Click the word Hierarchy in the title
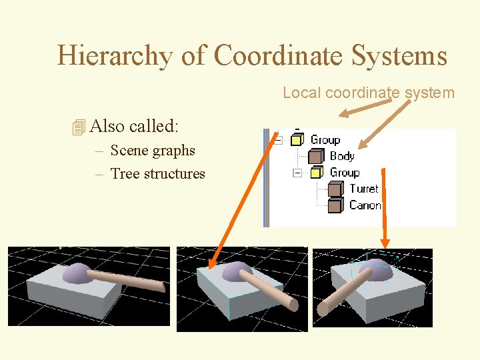point(115,55)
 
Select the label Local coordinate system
point(368,93)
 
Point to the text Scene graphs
point(153,151)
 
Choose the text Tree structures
point(157,174)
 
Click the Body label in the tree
point(342,156)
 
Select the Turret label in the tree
point(363,189)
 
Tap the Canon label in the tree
point(365,205)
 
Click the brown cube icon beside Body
point(316,157)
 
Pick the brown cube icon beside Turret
point(336,189)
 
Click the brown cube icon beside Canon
point(336,205)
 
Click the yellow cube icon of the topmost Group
point(297,140)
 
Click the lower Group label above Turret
point(344,173)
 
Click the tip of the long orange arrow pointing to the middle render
point(209,268)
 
